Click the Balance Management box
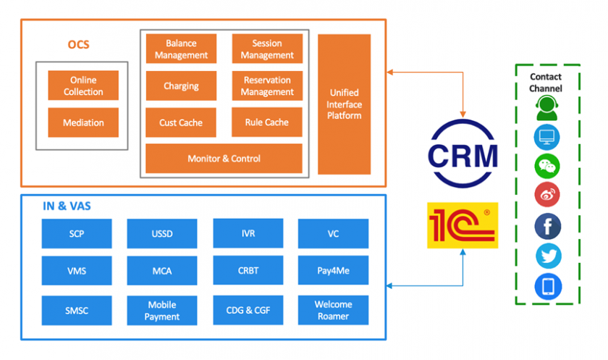(x=181, y=49)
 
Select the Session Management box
(x=267, y=49)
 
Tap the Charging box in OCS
(x=181, y=86)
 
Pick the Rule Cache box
(x=267, y=122)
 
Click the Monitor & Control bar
(x=224, y=159)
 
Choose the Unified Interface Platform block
(x=344, y=104)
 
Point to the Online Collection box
(x=83, y=86)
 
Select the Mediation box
(x=83, y=122)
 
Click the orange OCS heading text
(x=79, y=45)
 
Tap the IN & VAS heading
(x=67, y=206)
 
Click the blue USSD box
(x=162, y=234)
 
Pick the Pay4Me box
(x=333, y=270)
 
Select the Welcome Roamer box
(x=333, y=310)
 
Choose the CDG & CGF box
(x=248, y=310)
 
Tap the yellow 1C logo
(x=463, y=225)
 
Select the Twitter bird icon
(x=547, y=256)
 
